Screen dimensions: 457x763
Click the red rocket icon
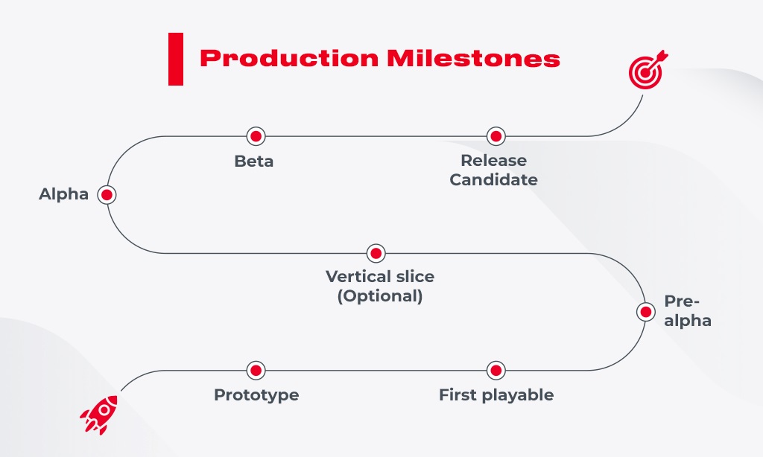tap(99, 414)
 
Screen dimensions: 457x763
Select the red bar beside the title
tap(176, 59)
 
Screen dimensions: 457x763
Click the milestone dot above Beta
tap(256, 136)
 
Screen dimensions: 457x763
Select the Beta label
tap(254, 162)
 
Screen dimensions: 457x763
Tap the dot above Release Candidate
tap(496, 136)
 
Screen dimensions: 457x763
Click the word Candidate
tap(493, 180)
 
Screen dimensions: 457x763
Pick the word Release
tap(493, 161)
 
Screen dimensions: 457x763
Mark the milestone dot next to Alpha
tap(107, 195)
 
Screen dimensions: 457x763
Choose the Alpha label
tap(64, 195)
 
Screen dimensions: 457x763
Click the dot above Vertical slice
tap(376, 253)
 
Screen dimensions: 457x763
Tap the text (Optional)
tap(380, 296)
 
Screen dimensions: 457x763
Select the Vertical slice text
tap(380, 277)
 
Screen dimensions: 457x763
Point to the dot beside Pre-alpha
tap(645, 312)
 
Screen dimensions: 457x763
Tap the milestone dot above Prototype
tap(256, 370)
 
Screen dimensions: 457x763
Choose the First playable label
tap(496, 395)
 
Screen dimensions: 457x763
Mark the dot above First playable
tap(496, 370)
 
